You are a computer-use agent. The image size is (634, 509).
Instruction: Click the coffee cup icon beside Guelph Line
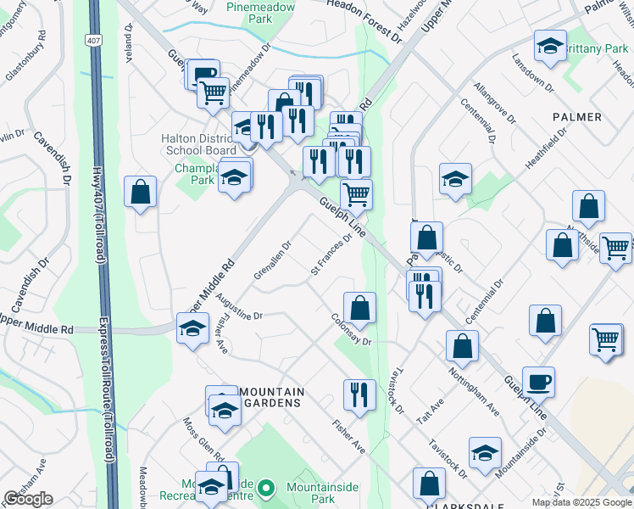538,382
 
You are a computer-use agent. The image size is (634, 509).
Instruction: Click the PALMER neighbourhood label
577,116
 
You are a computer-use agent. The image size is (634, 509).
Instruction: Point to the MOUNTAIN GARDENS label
270,397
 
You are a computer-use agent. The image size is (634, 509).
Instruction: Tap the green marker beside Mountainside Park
266,489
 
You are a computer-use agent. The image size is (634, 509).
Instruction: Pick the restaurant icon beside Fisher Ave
359,394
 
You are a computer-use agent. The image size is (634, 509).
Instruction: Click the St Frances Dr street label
331,255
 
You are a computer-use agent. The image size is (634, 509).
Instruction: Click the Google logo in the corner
28,498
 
